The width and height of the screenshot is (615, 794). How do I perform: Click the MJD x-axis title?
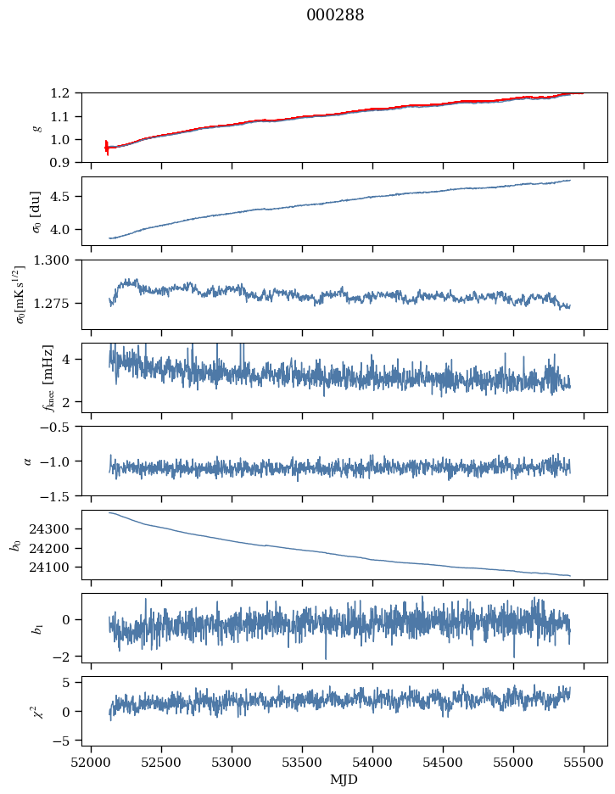(x=344, y=780)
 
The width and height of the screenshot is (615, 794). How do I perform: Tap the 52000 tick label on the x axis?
(x=92, y=763)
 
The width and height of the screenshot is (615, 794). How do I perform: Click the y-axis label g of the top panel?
(x=36, y=127)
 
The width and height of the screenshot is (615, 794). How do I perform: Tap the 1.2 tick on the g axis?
(x=65, y=93)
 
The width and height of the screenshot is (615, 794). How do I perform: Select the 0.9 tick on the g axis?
(x=65, y=163)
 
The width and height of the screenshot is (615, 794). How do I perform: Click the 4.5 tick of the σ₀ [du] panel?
(x=65, y=197)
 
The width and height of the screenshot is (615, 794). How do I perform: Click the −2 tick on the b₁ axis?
(x=65, y=657)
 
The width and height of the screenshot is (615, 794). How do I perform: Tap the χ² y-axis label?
(x=36, y=711)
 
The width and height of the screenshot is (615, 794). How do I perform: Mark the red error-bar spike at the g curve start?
(x=107, y=148)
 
